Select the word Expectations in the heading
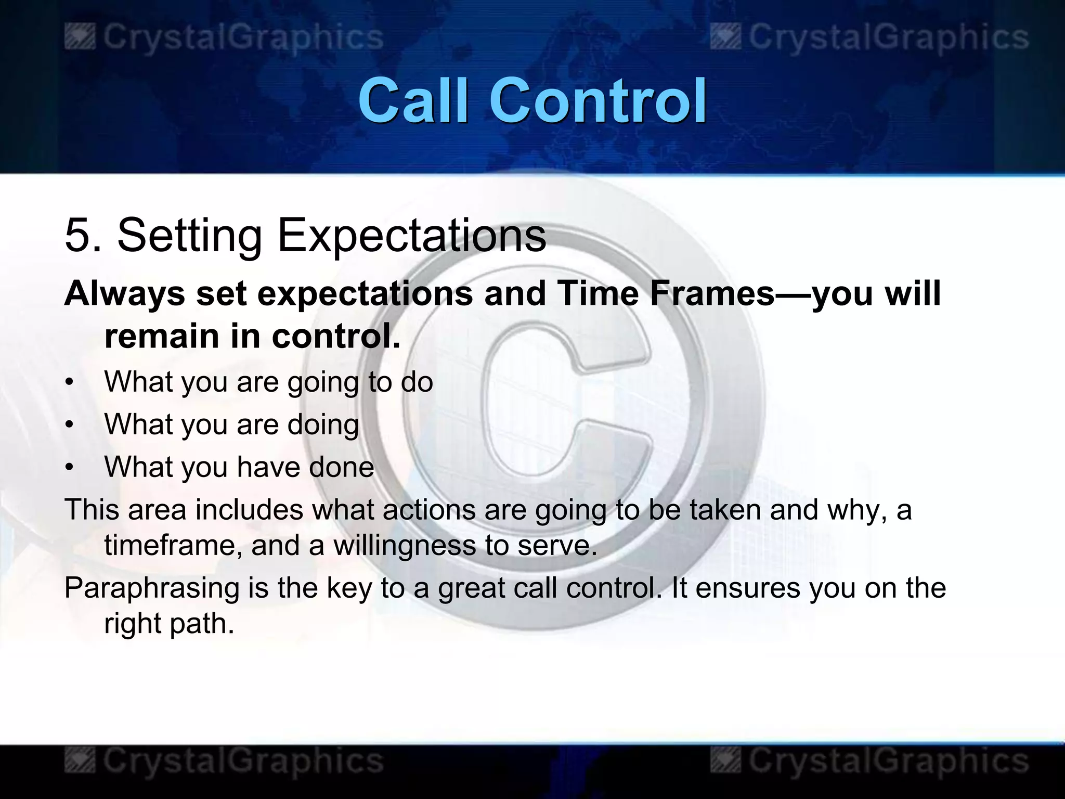coord(411,236)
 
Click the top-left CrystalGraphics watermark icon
coord(80,38)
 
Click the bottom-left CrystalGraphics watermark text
coord(243,762)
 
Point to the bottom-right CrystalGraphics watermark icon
coord(726,762)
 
